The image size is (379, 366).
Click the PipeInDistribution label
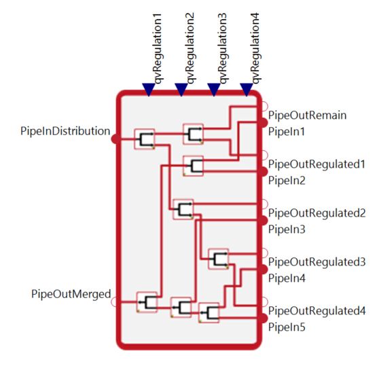(x=65, y=131)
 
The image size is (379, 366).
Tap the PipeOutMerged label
(x=71, y=294)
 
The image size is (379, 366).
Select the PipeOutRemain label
(x=307, y=115)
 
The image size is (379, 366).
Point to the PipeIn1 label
(x=287, y=132)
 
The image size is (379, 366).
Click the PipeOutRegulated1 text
(x=317, y=164)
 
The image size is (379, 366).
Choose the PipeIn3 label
(x=287, y=229)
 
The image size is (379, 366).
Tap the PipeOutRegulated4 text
(x=317, y=311)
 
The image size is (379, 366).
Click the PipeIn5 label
(x=287, y=327)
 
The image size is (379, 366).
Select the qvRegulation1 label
(x=157, y=49)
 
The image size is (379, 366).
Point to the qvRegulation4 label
(x=255, y=49)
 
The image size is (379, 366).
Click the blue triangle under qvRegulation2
(x=181, y=90)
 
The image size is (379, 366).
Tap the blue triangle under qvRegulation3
(x=214, y=90)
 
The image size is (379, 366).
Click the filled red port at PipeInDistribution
(x=115, y=139)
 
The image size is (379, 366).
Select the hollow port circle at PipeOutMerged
(x=115, y=302)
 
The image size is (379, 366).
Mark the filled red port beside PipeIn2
(x=264, y=172)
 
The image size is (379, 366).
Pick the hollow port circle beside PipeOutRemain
(x=264, y=106)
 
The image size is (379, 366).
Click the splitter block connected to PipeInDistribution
(x=145, y=139)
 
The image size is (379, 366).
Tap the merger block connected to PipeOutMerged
(x=147, y=302)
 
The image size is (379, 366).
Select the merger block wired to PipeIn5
(x=209, y=313)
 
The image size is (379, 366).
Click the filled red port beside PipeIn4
(x=264, y=270)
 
